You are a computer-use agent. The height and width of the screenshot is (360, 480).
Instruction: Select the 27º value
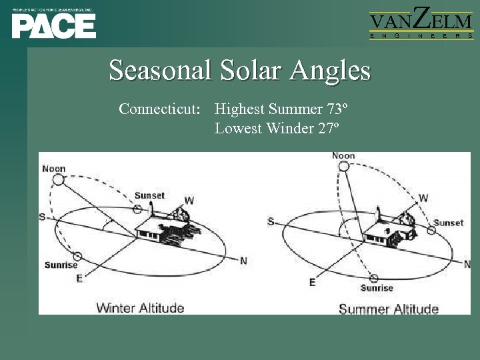[325, 129]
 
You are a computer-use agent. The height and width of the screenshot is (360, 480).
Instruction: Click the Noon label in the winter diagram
[54, 169]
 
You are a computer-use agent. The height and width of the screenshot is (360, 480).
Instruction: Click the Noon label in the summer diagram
[343, 156]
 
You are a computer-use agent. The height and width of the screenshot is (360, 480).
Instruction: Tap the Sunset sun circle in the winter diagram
[137, 209]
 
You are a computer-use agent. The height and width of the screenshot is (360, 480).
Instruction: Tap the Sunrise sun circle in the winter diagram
[77, 256]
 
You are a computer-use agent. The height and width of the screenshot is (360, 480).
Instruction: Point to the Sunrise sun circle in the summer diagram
[374, 278]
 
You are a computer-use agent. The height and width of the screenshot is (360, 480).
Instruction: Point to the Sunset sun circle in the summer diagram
[431, 231]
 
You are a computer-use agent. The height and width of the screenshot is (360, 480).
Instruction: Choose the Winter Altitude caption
[140, 307]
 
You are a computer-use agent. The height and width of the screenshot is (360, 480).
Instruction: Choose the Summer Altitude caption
[388, 309]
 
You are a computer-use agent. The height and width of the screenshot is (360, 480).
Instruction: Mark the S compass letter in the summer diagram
[270, 221]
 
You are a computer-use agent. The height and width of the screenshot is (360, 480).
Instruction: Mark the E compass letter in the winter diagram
[79, 278]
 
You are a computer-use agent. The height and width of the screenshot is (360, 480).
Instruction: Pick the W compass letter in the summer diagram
[423, 198]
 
